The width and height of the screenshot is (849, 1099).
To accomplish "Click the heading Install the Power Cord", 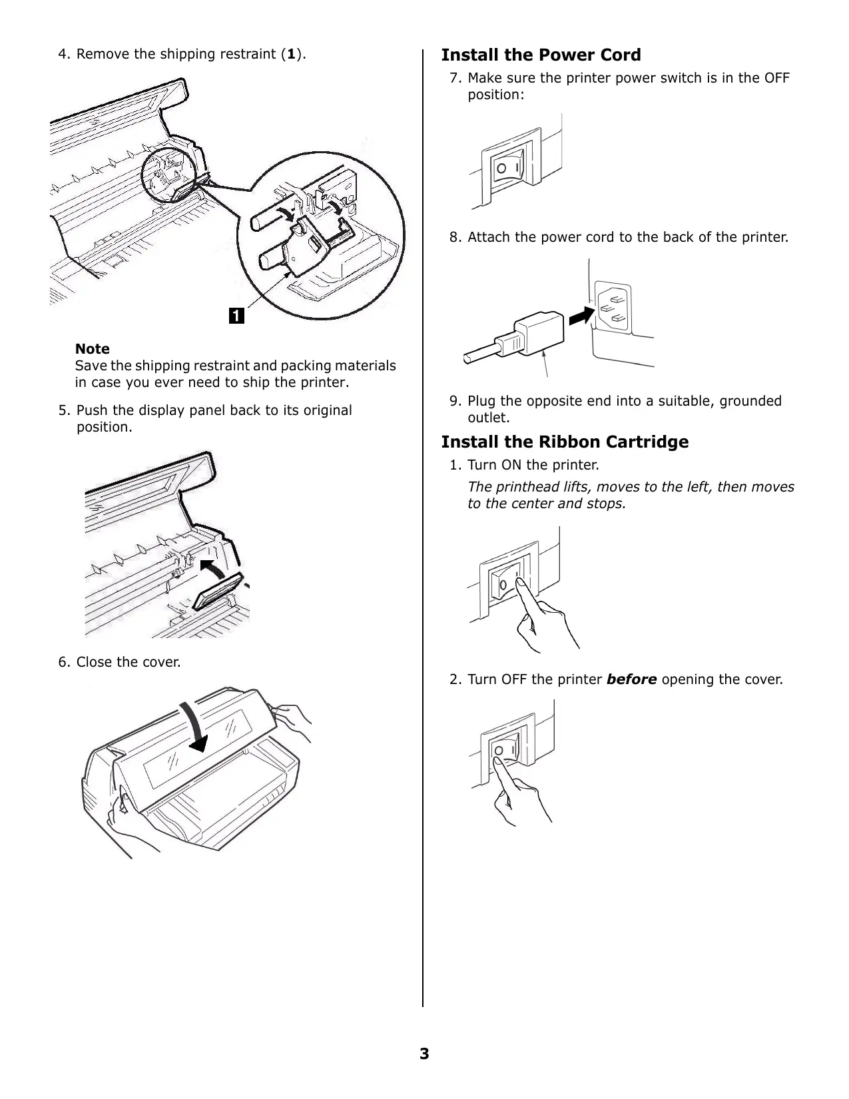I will [x=541, y=55].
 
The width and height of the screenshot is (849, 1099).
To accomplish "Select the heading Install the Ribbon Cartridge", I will [x=565, y=442].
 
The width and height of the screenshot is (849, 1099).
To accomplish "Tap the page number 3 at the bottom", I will [x=424, y=1054].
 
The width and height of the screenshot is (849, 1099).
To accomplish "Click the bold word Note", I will [x=92, y=349].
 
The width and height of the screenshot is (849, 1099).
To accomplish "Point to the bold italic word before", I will [x=631, y=680].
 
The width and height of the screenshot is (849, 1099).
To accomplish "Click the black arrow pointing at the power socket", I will [x=581, y=314].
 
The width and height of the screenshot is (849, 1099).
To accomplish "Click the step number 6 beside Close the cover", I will [x=63, y=663].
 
